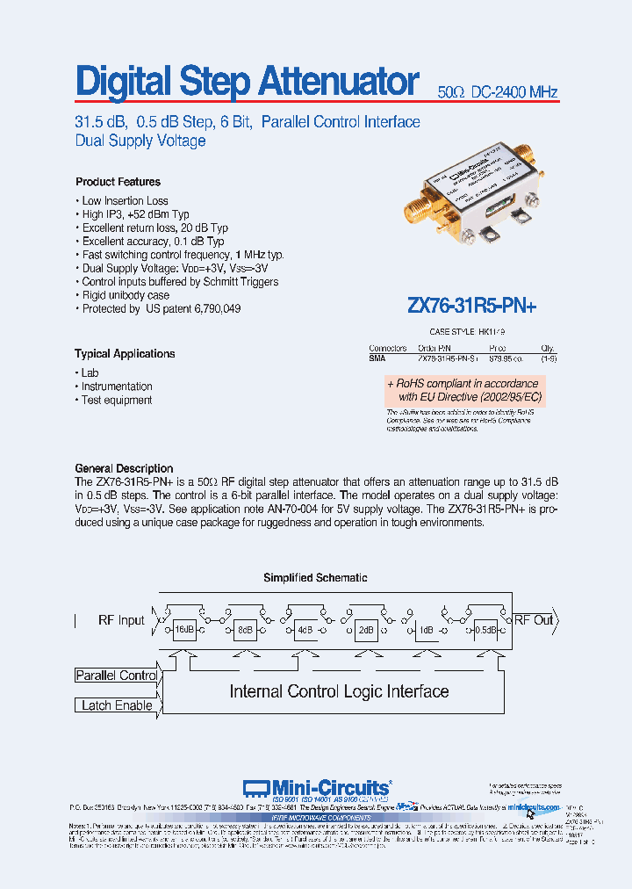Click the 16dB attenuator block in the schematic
[x=183, y=631]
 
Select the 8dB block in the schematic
[x=244, y=631]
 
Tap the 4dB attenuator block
[x=305, y=631]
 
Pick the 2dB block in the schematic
[x=365, y=631]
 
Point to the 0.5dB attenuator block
[x=485, y=631]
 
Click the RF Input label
[x=121, y=620]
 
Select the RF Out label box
[x=533, y=620]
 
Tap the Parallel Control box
[x=116, y=676]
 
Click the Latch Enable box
[x=116, y=705]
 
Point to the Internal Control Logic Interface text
[x=339, y=691]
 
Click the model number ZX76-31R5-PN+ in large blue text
[x=471, y=306]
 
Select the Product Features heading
[x=118, y=182]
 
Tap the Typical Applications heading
[x=125, y=353]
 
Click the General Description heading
[x=124, y=468]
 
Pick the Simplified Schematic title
[x=315, y=578]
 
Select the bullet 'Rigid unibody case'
[x=125, y=296]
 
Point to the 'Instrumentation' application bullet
[x=117, y=387]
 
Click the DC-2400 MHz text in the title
[x=513, y=92]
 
